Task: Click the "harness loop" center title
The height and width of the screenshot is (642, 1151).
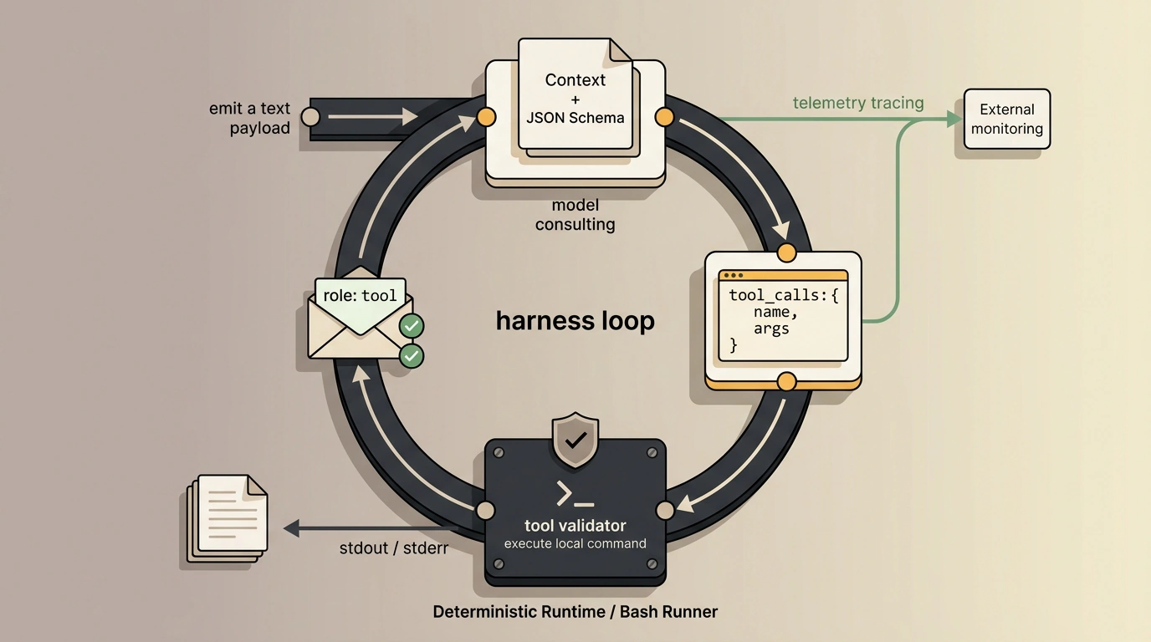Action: (575, 321)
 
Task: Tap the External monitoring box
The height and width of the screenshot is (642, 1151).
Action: (1006, 120)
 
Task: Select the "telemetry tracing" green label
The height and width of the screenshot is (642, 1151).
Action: (858, 103)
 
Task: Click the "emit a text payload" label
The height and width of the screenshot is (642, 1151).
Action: (249, 118)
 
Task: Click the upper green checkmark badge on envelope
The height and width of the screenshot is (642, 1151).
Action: (412, 326)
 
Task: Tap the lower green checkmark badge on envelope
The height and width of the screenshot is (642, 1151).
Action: (412, 355)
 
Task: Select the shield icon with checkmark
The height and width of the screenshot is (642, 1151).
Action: (575, 440)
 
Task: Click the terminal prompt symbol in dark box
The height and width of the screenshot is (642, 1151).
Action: (575, 494)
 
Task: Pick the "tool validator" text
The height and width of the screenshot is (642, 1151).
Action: (575, 526)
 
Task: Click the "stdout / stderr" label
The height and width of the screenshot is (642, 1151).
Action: (394, 548)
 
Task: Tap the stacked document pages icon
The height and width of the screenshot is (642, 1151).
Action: (227, 518)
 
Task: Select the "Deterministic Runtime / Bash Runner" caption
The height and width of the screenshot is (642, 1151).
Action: (575, 612)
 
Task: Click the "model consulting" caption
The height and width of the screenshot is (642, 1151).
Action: (575, 214)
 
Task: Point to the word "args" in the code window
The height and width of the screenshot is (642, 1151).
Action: (770, 329)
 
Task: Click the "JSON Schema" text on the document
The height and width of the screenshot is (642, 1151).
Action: (575, 118)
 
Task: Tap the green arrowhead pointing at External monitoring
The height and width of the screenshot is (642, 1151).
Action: (954, 120)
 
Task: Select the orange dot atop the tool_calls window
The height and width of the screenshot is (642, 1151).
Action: (786, 252)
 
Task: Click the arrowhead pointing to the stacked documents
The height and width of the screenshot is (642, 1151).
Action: (291, 528)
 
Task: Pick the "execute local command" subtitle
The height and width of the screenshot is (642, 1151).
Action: (575, 543)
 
